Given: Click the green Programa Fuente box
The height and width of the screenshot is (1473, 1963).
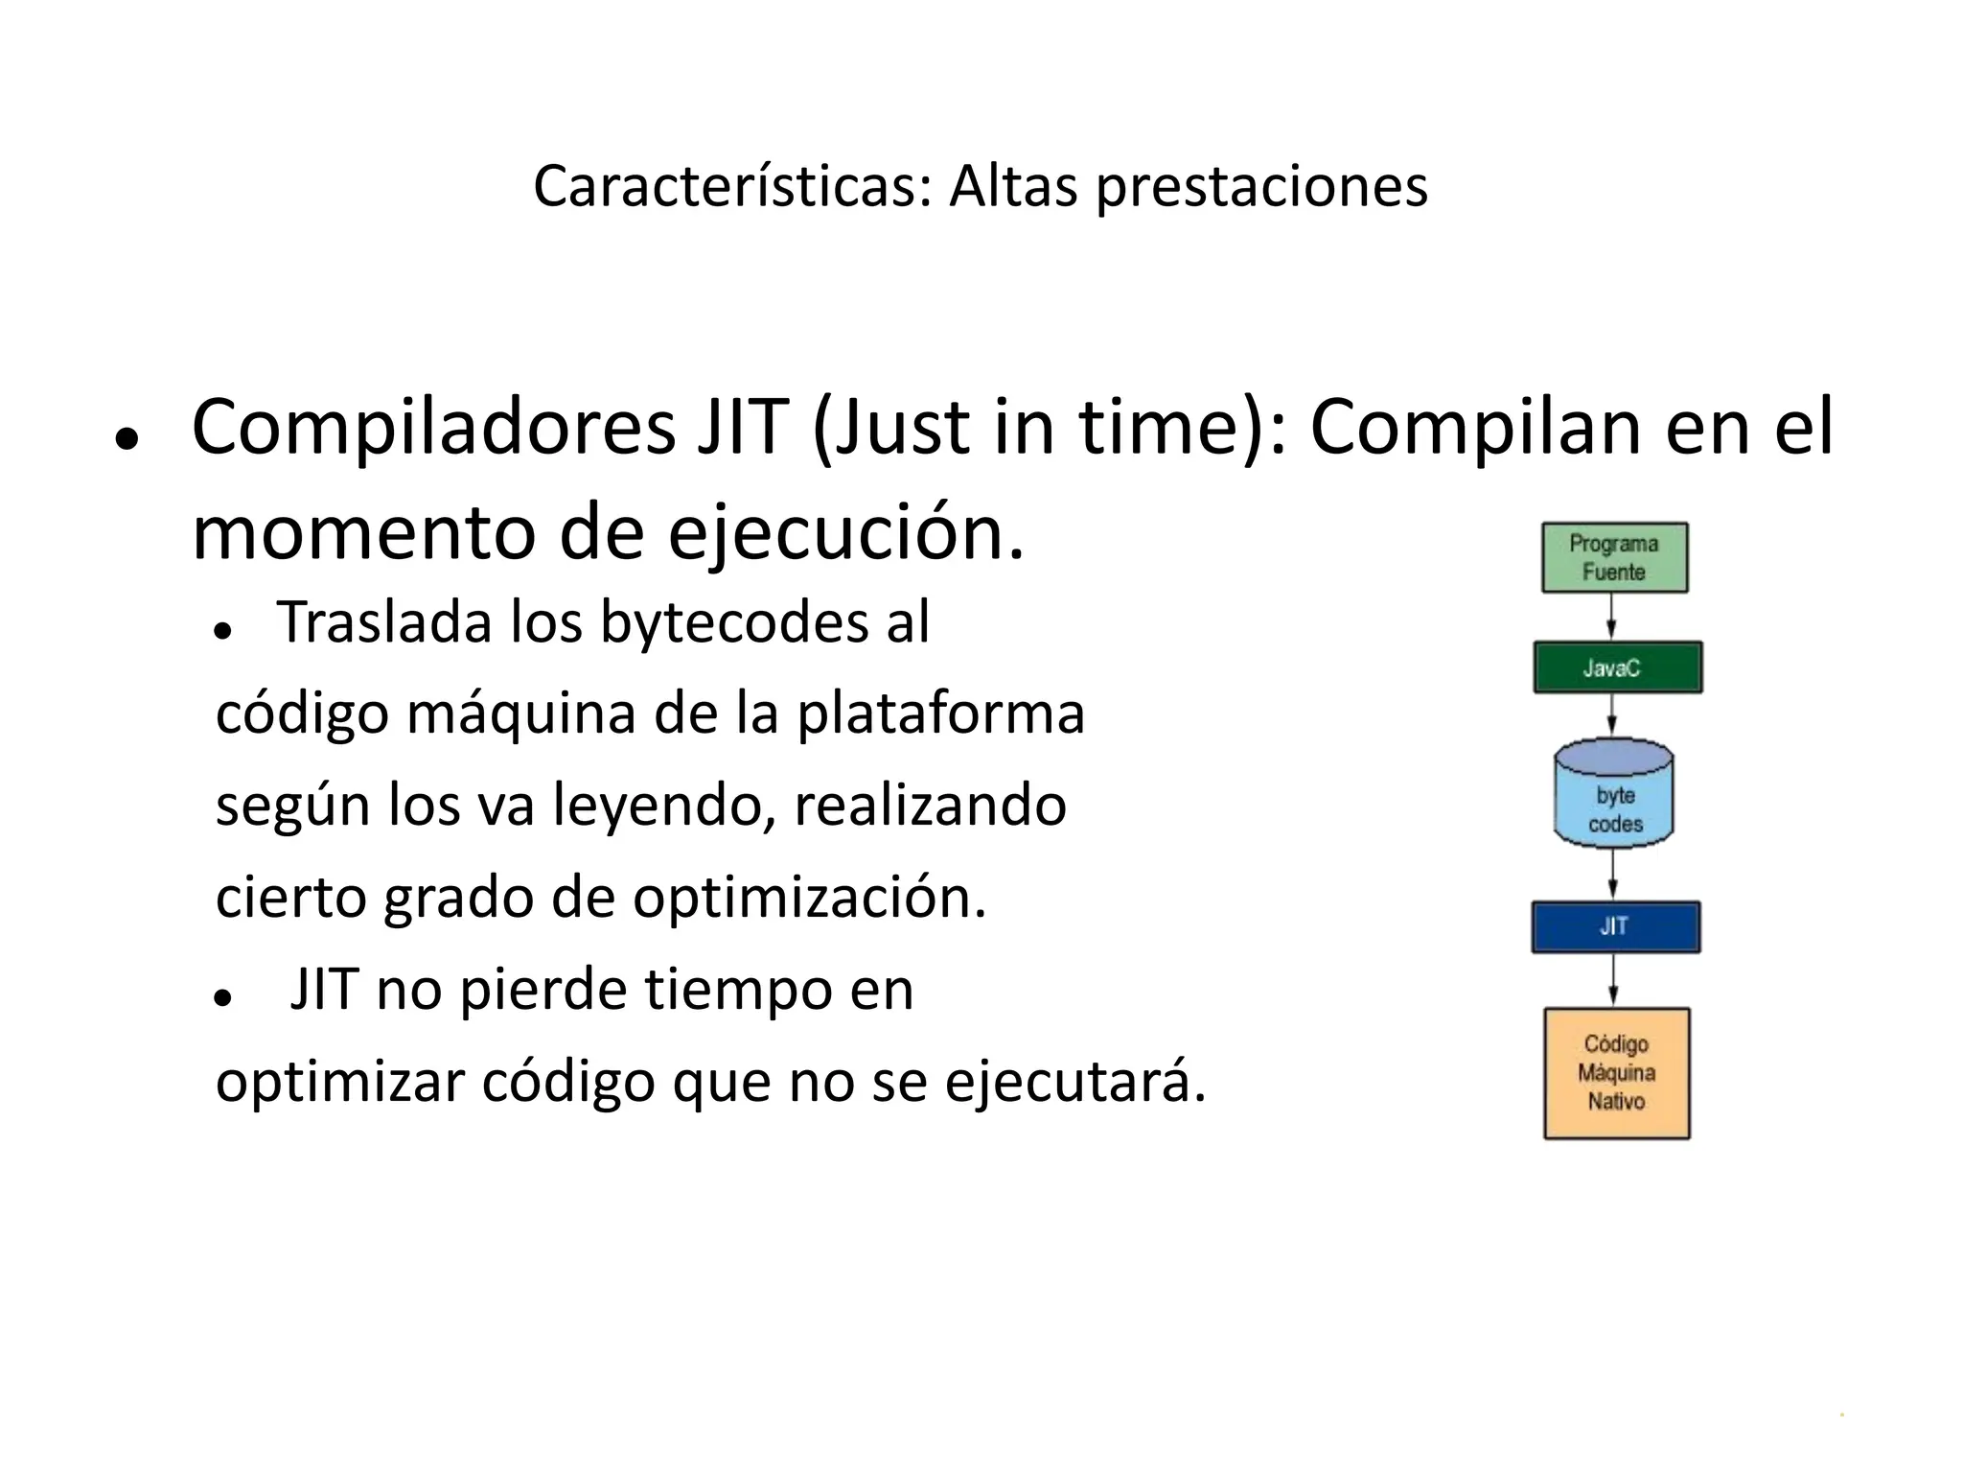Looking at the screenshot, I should point(1614,557).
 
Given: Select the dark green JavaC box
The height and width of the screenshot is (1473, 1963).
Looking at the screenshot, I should point(1617,667).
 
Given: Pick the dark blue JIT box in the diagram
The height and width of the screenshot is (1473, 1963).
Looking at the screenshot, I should point(1615,926).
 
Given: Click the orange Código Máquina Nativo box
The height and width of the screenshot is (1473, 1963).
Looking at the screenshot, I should point(1616,1072).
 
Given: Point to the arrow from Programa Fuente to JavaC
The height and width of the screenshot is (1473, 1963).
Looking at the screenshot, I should point(1612,617).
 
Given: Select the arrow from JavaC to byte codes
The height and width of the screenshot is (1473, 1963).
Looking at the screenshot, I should point(1613,715).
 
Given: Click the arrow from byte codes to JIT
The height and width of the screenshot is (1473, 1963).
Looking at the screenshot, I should point(1614,875).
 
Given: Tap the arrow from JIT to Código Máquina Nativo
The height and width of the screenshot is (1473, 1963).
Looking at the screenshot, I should point(1614,980).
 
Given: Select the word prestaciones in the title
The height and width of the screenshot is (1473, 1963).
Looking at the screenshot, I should point(1261,188).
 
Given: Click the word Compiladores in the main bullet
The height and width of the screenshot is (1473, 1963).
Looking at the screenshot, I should point(434,428).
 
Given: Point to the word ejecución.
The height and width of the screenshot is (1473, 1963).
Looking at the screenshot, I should point(845,533).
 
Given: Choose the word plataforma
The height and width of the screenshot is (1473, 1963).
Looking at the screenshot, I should point(940,715).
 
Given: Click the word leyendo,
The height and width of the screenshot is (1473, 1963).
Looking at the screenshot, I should point(663,806).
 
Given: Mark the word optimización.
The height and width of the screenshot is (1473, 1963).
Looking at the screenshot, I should point(809,899).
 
